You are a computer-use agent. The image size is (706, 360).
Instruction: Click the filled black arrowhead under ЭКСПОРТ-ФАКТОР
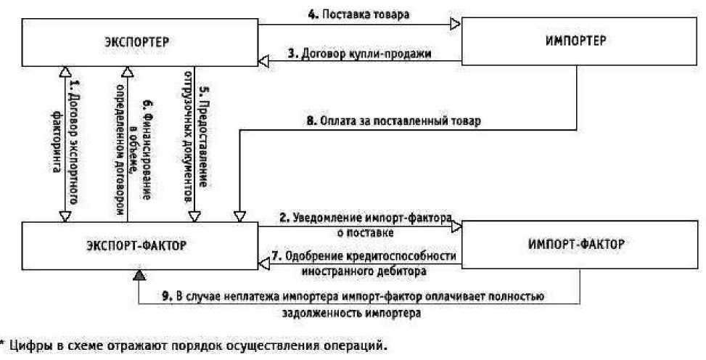(x=139, y=274)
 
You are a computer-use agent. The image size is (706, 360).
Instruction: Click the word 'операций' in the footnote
(x=360, y=346)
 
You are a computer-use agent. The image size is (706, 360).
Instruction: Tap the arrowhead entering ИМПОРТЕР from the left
(x=456, y=24)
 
